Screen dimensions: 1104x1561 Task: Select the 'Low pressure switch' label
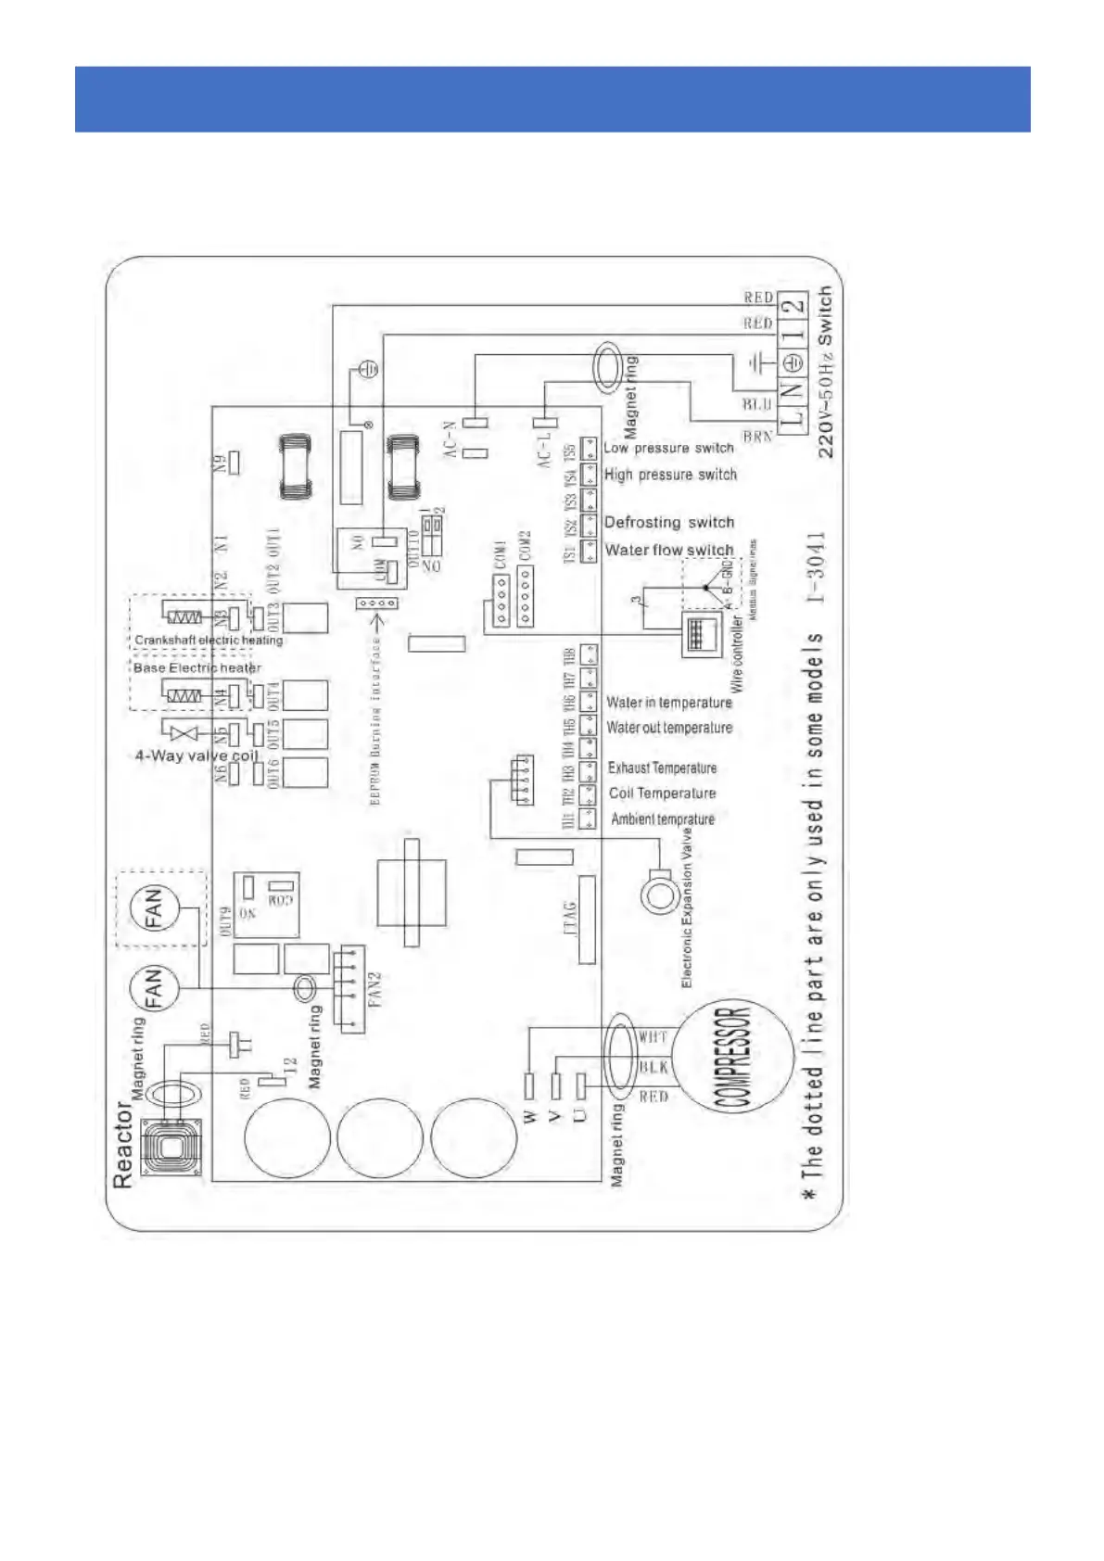pos(668,448)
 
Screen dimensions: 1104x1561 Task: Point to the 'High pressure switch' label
pos(670,475)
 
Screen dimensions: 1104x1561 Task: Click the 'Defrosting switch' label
pos(668,523)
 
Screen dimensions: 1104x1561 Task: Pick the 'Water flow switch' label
pos(668,550)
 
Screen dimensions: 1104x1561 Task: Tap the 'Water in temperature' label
pos(668,703)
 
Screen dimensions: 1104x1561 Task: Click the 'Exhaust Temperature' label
pos(662,768)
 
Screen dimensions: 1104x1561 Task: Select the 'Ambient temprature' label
pos(662,819)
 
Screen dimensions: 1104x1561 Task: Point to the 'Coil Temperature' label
pos(662,793)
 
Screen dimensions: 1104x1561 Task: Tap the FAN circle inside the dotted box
pos(153,907)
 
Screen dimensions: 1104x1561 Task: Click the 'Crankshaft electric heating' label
pos(209,640)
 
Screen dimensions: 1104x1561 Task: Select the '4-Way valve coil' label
pos(197,755)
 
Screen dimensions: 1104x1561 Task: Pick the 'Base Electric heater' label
pos(197,667)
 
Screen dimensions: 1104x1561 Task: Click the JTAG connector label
pos(570,918)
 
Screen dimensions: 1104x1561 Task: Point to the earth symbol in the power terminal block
pos(793,363)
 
